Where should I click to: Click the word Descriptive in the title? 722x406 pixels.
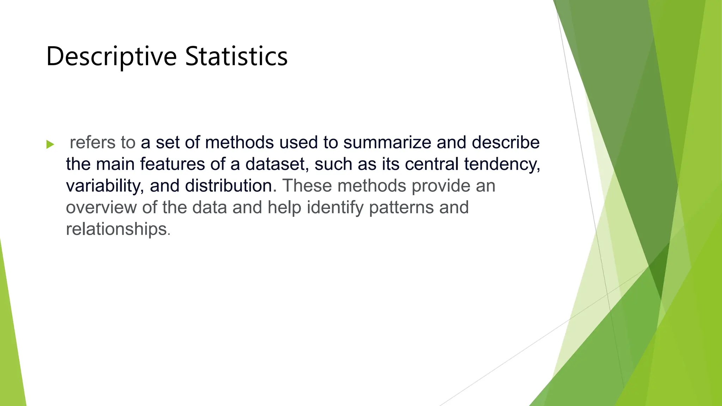[111, 56]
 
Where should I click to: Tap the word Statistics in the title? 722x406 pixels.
[236, 56]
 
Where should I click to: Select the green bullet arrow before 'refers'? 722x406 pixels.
[50, 144]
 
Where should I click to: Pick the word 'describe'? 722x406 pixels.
[506, 142]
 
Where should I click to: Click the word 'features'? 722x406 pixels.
[172, 164]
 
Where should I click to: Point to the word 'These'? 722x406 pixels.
[307, 186]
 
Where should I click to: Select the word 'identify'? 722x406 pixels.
[335, 208]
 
